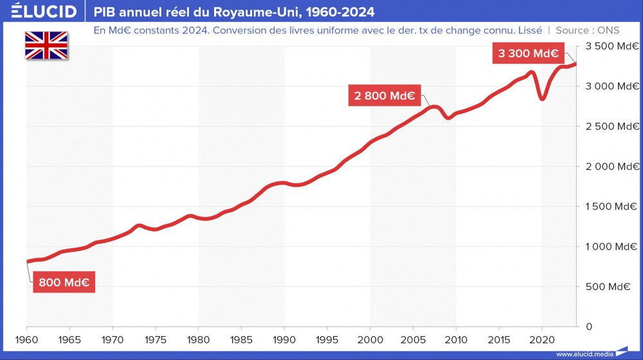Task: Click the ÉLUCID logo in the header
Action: pos(39,12)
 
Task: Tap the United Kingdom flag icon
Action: pos(46,45)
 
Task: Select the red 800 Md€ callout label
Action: pos(64,282)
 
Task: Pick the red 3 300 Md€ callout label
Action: pos(528,53)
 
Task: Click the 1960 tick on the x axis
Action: pos(27,339)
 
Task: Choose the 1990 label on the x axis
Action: pos(284,339)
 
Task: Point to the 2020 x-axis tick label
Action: pos(542,339)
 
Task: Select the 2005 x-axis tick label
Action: pos(413,339)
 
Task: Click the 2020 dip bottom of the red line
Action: pos(543,98)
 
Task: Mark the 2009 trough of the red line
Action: pos(448,118)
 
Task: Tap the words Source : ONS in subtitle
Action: pos(587,30)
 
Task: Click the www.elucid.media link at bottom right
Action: pos(584,354)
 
